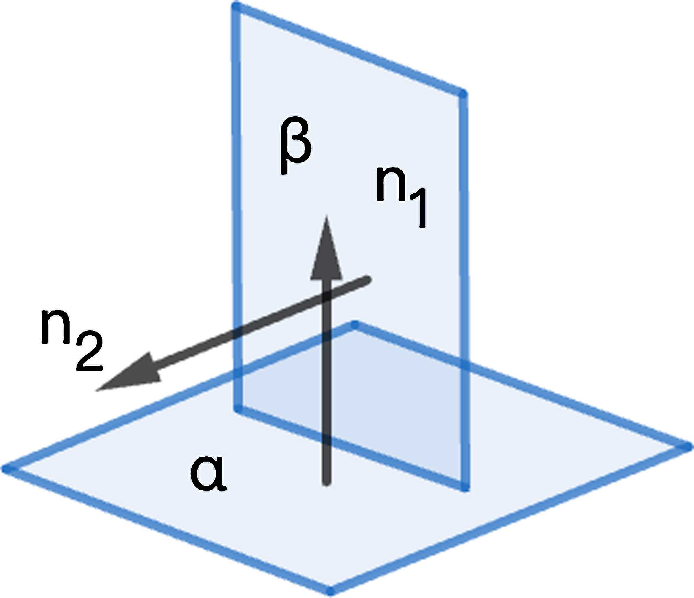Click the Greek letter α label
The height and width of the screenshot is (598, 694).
[x=208, y=474]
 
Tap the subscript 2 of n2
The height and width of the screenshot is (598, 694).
[x=89, y=351]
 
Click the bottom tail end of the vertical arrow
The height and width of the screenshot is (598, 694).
[x=327, y=483]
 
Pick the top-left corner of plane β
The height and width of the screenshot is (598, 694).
[x=236, y=6]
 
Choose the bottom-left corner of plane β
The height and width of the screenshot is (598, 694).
[x=238, y=408]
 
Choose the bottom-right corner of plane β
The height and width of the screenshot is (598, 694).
[x=464, y=487]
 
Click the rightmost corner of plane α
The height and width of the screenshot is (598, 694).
[x=687, y=447]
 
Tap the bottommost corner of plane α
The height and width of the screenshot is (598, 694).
[x=331, y=591]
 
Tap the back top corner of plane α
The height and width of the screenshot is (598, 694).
[x=355, y=325]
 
